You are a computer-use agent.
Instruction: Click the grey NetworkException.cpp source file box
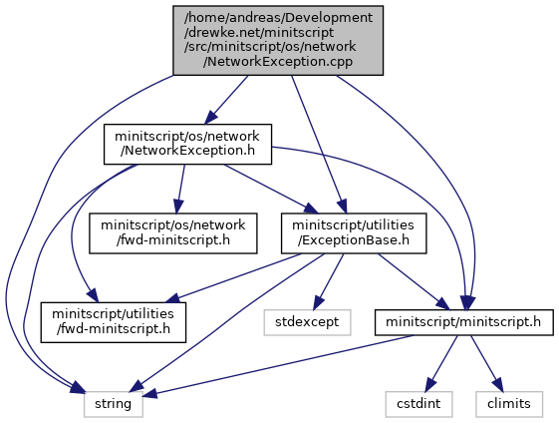click(x=278, y=40)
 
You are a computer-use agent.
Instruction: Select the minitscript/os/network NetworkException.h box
click(x=187, y=144)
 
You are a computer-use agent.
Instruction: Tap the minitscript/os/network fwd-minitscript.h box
click(x=173, y=233)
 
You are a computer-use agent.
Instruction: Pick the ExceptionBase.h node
click(x=354, y=233)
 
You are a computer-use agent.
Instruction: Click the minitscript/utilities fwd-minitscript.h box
click(x=114, y=322)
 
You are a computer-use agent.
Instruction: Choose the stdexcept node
click(x=307, y=322)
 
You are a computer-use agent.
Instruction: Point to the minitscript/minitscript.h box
click(x=463, y=322)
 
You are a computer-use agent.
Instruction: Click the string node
click(x=114, y=404)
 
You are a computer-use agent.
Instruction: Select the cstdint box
click(x=419, y=404)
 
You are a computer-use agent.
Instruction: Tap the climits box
click(x=509, y=404)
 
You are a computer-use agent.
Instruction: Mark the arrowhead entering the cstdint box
click(x=430, y=384)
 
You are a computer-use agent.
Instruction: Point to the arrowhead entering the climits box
click(x=497, y=384)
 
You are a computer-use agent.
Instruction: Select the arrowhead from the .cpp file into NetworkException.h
click(x=211, y=117)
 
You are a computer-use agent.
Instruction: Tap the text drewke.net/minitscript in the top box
click(x=259, y=32)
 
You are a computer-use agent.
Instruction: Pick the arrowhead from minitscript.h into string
click(x=149, y=393)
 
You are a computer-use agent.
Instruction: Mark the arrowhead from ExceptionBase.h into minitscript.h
click(x=443, y=304)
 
